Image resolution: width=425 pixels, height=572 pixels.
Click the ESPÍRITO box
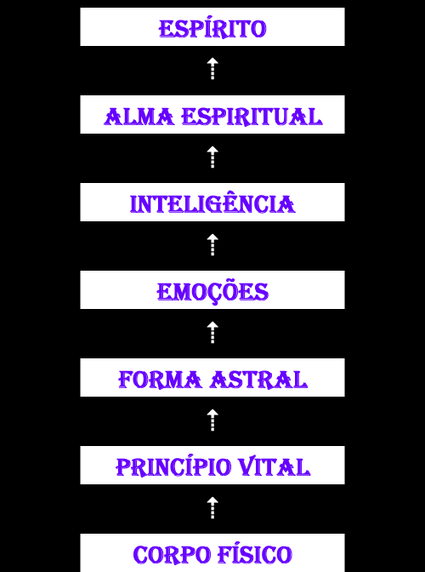coord(212,26)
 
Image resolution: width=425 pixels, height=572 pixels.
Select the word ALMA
coord(139,117)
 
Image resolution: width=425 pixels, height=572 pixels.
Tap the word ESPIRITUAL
coord(252,117)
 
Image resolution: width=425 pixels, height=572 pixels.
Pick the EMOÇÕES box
coord(212,289)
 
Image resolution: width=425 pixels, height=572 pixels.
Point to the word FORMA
coord(161,380)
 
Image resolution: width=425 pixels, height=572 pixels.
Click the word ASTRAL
coord(259,380)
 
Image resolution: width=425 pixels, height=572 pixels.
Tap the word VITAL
coord(275,467)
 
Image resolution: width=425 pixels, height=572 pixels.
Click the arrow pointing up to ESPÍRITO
coord(212,69)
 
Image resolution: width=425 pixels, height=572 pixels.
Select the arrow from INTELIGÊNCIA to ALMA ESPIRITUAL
coord(212,157)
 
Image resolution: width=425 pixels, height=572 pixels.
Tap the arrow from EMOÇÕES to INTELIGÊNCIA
coord(212,244)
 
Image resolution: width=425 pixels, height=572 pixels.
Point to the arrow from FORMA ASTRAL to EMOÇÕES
coord(212,332)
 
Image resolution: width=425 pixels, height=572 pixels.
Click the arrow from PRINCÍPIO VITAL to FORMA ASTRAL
coord(212,420)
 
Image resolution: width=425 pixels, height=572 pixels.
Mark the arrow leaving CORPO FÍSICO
coord(212,507)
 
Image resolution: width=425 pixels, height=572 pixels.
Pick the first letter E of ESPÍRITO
coord(166,29)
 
